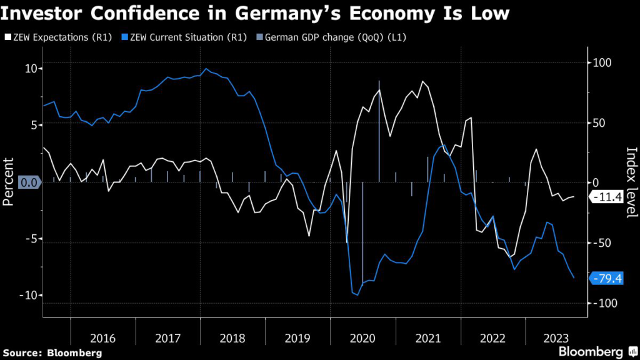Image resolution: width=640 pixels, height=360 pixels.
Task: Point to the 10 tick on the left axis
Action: point(29,68)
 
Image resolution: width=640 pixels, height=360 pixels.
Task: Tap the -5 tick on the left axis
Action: point(29,238)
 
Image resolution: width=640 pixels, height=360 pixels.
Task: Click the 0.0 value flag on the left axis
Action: point(29,182)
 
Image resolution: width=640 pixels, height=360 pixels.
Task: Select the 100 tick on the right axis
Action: point(601,62)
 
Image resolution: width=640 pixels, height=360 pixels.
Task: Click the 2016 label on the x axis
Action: point(102,338)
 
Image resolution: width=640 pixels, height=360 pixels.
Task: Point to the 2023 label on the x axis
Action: point(557,338)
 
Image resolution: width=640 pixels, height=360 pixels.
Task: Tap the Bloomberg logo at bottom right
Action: point(591,351)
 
